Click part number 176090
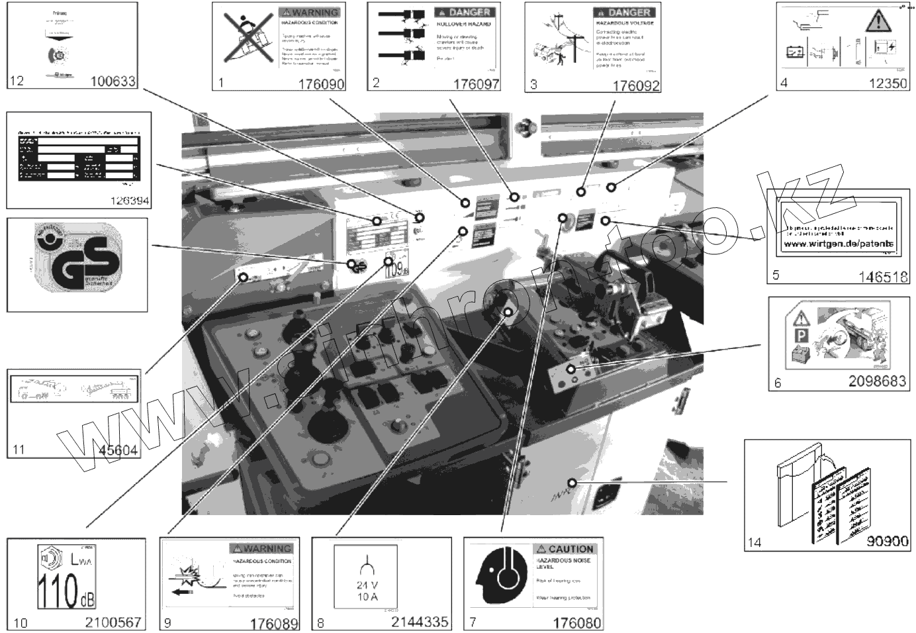(321, 84)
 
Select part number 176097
(476, 84)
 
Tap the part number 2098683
(877, 382)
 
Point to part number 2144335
(420, 622)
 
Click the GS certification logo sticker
(78, 265)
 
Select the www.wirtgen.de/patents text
(838, 244)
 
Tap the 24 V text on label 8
(367, 585)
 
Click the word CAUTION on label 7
(571, 549)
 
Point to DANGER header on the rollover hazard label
(469, 12)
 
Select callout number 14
(754, 542)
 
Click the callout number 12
(17, 81)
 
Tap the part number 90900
(887, 541)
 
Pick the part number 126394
(126, 201)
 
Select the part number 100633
(113, 81)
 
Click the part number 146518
(883, 277)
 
